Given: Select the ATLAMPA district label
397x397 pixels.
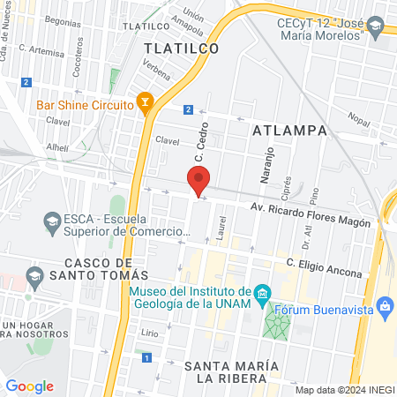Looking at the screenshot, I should [289, 131].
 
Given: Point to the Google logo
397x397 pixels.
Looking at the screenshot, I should [29, 386].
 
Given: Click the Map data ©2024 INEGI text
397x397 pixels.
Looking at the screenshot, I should [343, 390].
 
